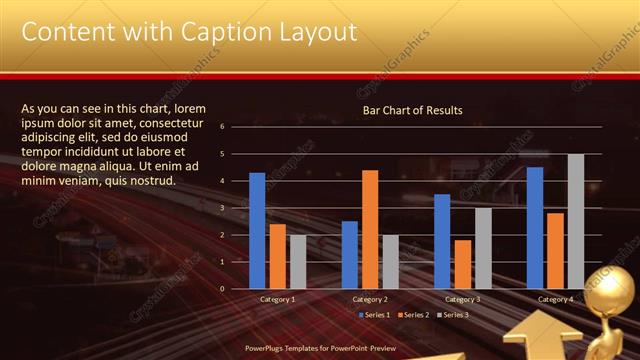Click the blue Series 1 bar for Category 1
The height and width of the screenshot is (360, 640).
point(257,231)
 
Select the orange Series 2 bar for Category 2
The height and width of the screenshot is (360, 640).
point(370,229)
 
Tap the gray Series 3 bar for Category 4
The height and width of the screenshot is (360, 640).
point(576,221)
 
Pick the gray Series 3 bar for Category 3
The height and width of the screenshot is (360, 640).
point(482,248)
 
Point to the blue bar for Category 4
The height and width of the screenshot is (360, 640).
point(535,228)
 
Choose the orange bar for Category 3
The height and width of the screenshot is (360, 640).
point(463,264)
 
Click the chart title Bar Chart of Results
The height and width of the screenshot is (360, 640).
point(412,110)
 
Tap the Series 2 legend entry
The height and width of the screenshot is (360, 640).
point(415,315)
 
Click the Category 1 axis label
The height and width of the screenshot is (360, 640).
point(278,299)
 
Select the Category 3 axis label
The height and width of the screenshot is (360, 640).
point(462,299)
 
